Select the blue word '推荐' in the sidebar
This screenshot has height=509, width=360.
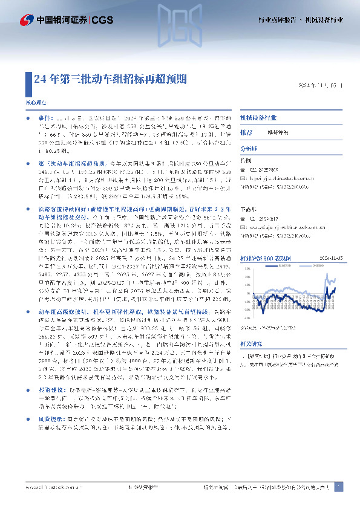[246, 131]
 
